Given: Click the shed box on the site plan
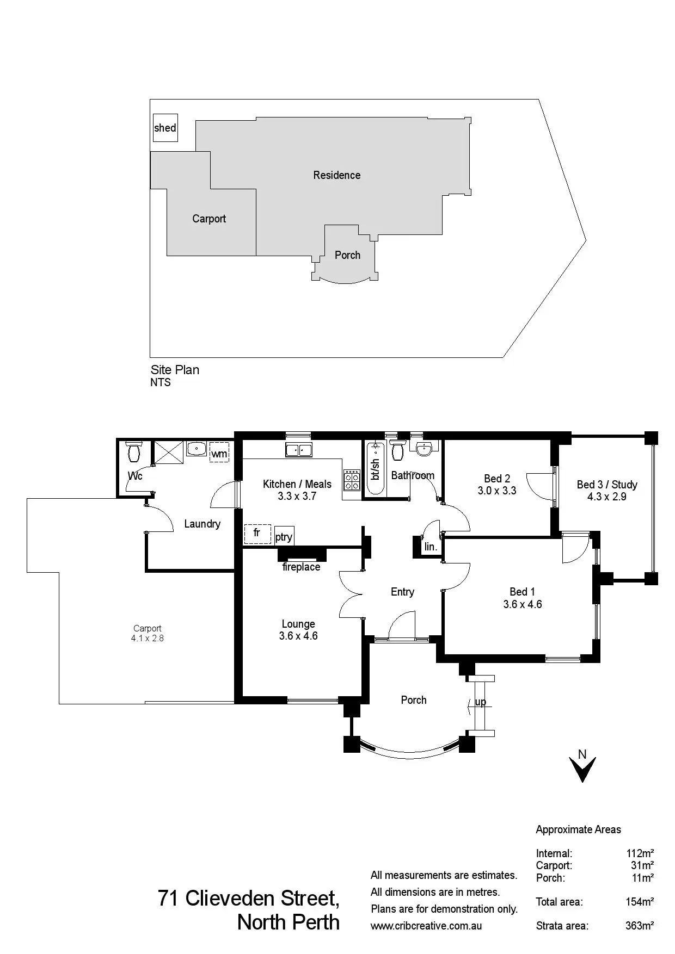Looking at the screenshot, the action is (165, 128).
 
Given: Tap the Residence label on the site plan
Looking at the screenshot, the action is (336, 175).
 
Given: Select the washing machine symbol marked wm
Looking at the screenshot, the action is (219, 453).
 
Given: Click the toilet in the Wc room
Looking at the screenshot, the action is (133, 451).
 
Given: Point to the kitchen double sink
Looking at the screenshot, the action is (298, 450).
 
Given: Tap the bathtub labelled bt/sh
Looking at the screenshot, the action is (375, 469).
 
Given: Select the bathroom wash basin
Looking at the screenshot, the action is (423, 449).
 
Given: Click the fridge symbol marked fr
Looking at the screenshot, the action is (257, 533).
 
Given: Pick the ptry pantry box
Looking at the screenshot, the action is (284, 536).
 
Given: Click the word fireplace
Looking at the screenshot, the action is (301, 567).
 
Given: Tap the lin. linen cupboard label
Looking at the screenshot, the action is (431, 547).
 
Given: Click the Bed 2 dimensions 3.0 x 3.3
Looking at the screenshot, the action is (497, 491).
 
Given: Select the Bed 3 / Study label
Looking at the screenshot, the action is (607, 484).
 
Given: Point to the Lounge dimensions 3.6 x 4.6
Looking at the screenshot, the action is (298, 636).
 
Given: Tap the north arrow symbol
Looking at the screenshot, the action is (582, 769).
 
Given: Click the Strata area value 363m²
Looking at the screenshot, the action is (639, 925).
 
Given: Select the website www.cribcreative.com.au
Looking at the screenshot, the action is (426, 926).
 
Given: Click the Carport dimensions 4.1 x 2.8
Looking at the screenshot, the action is (147, 638).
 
